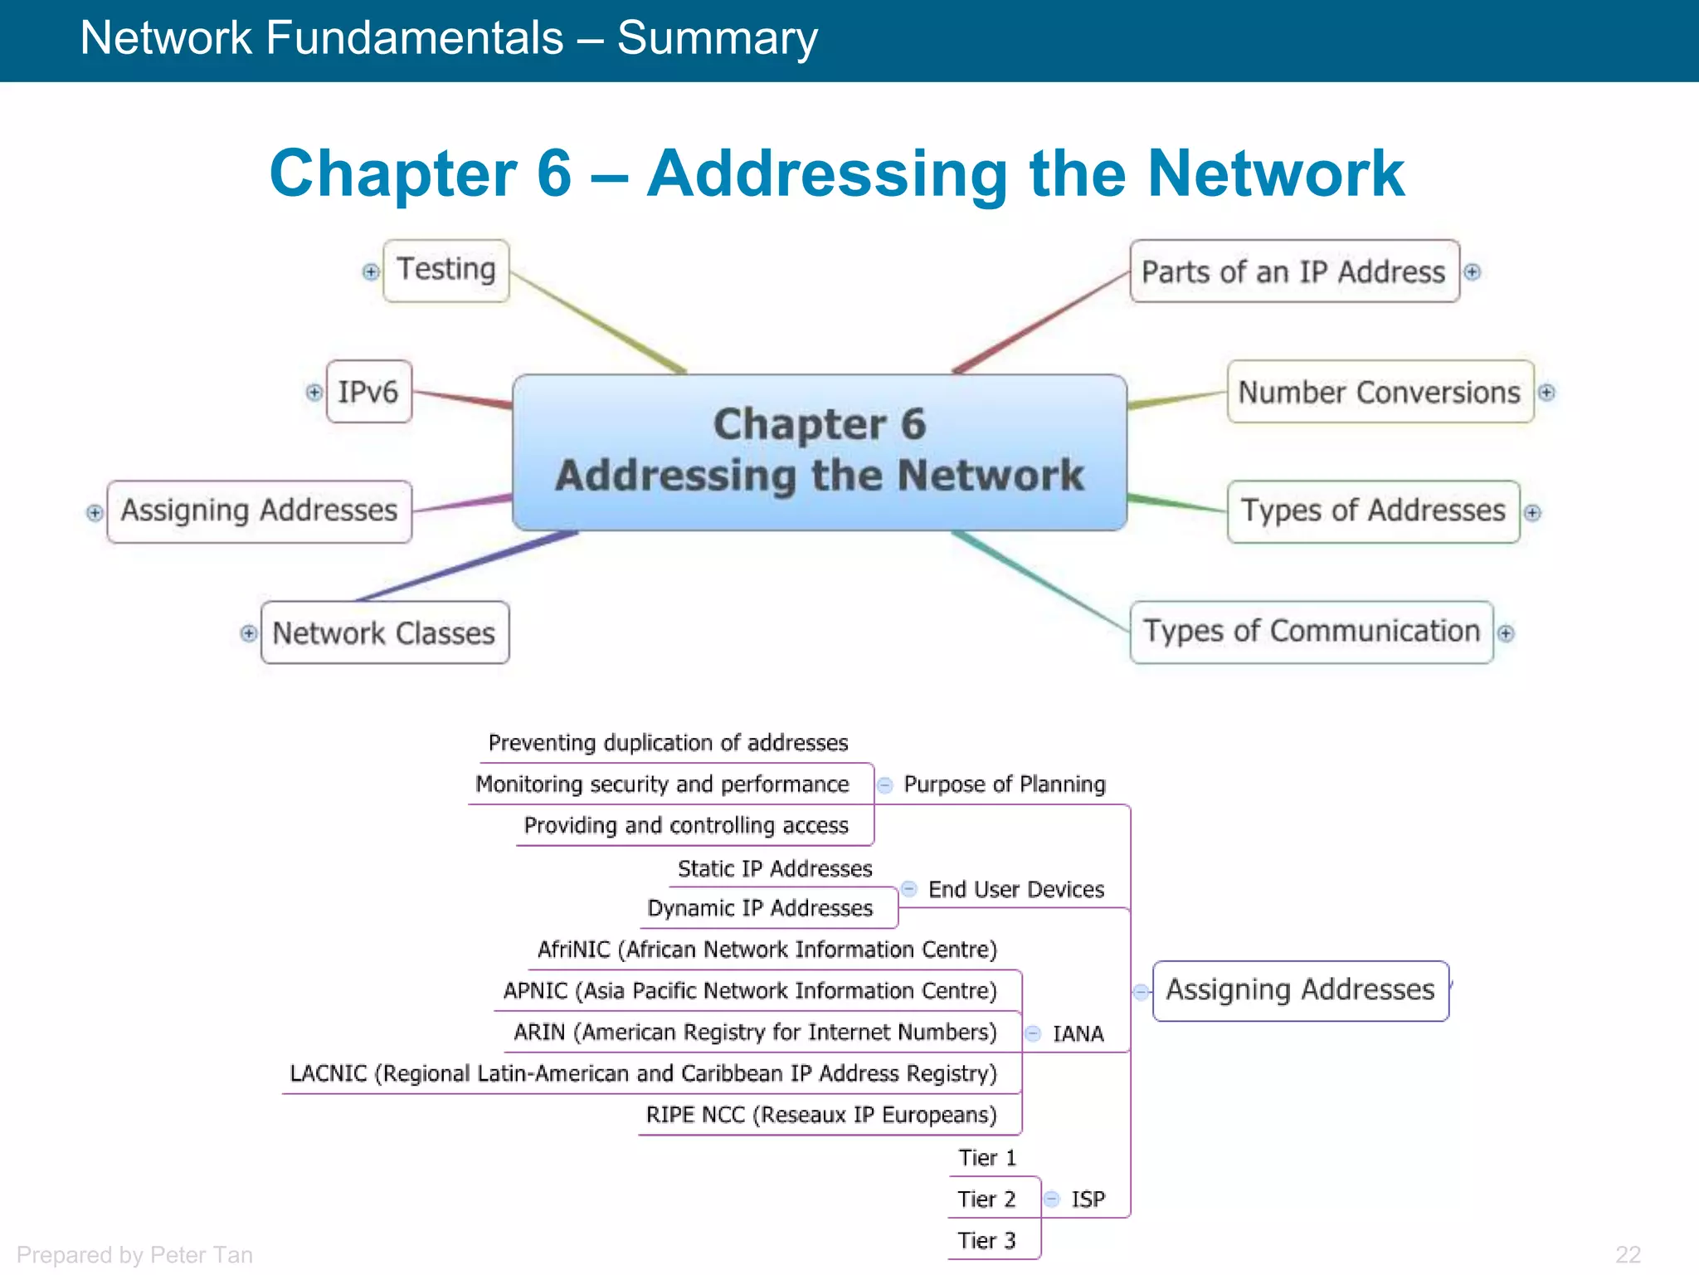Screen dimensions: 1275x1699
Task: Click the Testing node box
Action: (446, 271)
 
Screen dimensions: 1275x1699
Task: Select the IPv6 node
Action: (368, 392)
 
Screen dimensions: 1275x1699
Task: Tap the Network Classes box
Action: (384, 633)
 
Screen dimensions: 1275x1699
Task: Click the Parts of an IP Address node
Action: (1293, 271)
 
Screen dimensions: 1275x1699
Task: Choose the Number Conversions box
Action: (1379, 392)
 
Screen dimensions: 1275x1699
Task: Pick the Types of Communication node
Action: (1311, 632)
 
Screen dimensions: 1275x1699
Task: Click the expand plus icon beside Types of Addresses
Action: (1532, 513)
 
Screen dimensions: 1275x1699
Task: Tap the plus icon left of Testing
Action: (371, 271)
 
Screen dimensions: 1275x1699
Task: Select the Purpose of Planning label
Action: (1004, 784)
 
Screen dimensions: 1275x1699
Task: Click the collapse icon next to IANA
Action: (1033, 1033)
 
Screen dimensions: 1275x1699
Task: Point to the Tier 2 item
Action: (986, 1199)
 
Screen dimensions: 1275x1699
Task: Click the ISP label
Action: (1088, 1199)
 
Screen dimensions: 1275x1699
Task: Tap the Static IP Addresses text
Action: (775, 869)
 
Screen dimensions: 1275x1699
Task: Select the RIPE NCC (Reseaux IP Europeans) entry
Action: (821, 1115)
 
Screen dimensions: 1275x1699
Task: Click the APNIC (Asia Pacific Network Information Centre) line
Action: (750, 991)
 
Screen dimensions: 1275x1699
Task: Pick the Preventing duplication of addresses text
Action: (668, 743)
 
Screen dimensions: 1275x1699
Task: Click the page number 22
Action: (1628, 1254)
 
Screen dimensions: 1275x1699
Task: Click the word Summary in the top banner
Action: (717, 38)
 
